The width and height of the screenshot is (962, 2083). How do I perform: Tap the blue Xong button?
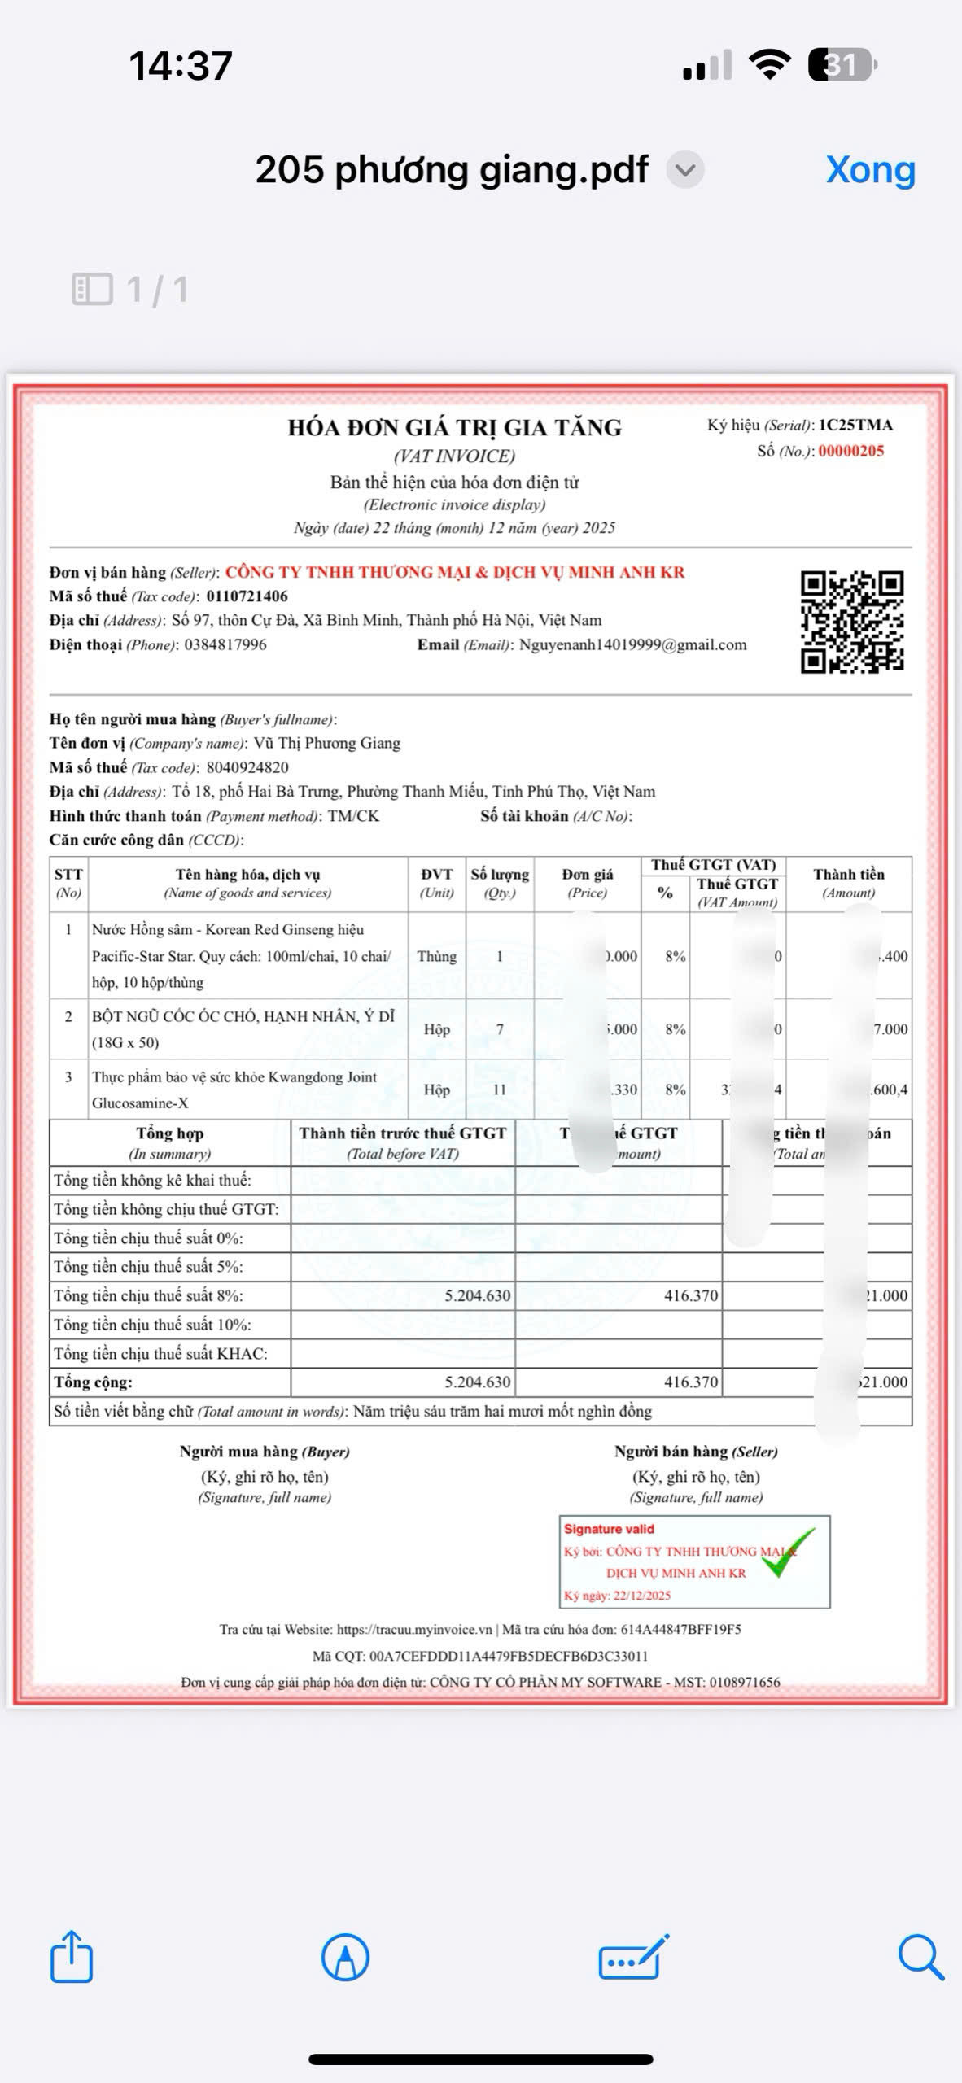click(x=870, y=170)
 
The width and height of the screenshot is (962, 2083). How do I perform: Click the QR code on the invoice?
click(x=851, y=622)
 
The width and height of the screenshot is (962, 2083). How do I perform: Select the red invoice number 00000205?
click(x=850, y=452)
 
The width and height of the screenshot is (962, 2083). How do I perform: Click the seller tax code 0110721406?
click(x=247, y=596)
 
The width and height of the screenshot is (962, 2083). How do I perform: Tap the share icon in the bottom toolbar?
click(x=72, y=1956)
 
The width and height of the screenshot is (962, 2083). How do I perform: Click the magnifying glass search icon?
click(x=920, y=1956)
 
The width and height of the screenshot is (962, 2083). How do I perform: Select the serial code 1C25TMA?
click(x=855, y=426)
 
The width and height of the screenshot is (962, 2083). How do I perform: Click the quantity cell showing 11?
click(x=500, y=1090)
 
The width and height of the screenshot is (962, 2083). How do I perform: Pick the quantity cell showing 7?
click(x=500, y=1029)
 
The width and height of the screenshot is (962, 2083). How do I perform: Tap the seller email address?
click(x=632, y=645)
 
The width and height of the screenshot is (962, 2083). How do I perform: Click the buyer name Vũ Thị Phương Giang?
click(x=327, y=743)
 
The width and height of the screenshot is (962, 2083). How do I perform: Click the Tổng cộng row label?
click(x=93, y=1382)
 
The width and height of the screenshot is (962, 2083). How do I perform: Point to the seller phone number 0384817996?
click(x=225, y=645)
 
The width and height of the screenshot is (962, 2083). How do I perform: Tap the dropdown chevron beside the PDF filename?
click(x=685, y=171)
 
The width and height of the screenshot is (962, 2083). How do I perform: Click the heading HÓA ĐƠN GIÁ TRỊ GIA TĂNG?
click(x=454, y=428)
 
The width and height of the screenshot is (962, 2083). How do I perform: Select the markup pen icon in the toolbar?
click(x=346, y=1956)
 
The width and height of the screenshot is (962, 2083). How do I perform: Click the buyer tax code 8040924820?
click(x=247, y=767)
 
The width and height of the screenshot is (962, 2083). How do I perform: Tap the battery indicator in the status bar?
click(x=842, y=65)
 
